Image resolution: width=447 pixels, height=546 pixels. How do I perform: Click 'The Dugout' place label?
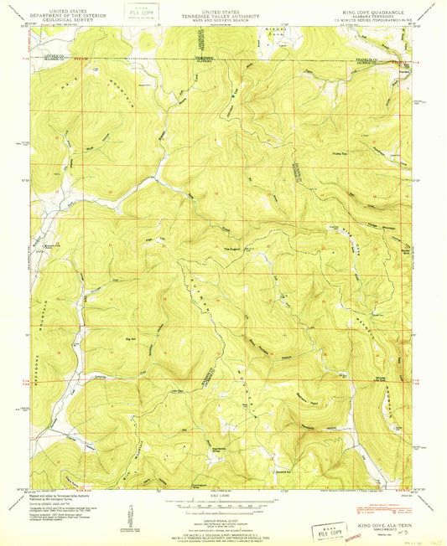pos(232,247)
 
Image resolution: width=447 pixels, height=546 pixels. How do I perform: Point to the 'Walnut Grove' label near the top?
pos(205,60)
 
